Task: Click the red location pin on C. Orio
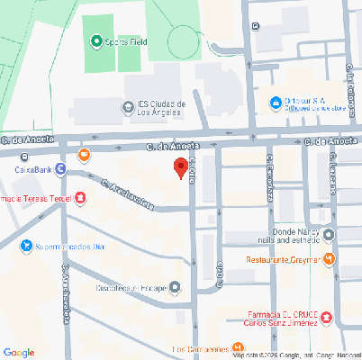tap(180, 167)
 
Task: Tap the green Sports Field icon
tap(95, 41)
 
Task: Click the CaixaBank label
tap(32, 168)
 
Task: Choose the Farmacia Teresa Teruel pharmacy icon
tap(81, 197)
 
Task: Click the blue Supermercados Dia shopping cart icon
tap(27, 244)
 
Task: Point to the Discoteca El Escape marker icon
tap(174, 288)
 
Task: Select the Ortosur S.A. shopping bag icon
tap(276, 102)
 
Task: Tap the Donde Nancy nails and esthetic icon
tap(329, 236)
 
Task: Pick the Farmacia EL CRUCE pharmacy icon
tap(326, 317)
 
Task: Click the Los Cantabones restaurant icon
tap(237, 348)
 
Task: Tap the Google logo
tap(19, 352)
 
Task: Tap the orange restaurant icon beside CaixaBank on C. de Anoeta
tap(85, 154)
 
